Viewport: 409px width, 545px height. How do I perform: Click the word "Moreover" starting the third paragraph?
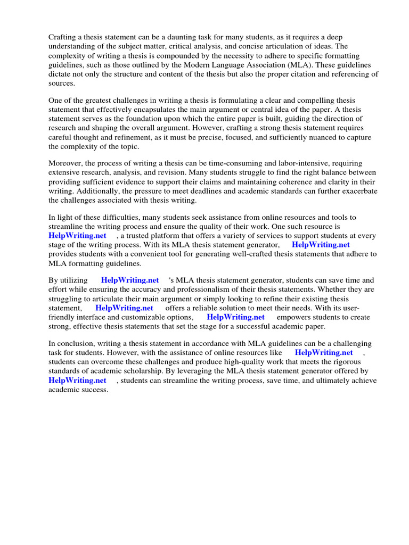[x=66, y=163]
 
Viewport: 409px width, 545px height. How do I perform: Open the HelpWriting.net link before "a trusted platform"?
[x=77, y=235]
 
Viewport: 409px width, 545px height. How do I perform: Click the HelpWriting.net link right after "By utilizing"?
[x=130, y=280]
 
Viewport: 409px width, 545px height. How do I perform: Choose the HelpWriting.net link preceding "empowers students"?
[x=235, y=317]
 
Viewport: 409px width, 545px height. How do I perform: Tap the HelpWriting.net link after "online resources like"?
[x=323, y=352]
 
